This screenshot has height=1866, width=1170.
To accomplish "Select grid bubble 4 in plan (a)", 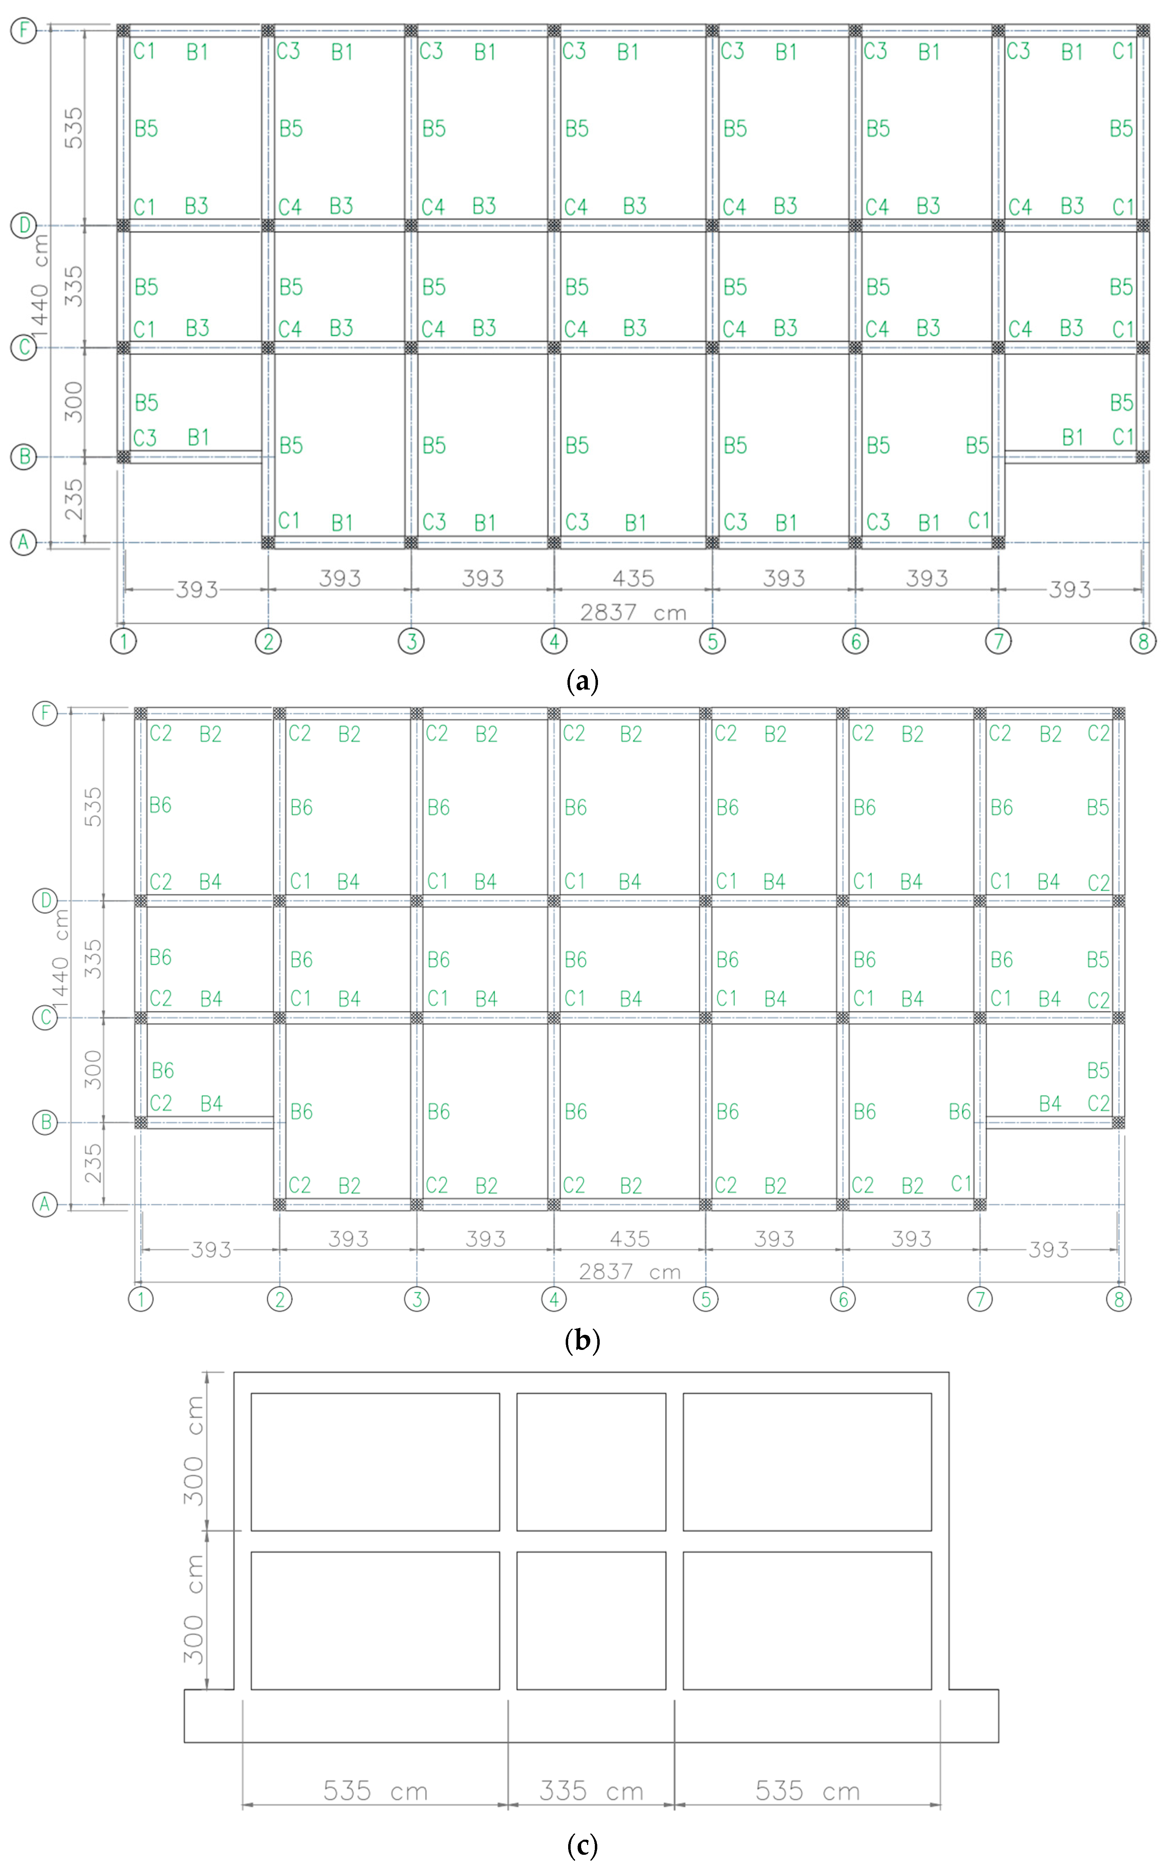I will [554, 641].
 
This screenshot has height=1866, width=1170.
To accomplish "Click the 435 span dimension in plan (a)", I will [633, 578].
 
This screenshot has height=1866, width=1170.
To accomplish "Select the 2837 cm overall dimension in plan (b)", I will [630, 1272].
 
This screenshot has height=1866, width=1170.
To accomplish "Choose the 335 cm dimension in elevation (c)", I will [591, 1791].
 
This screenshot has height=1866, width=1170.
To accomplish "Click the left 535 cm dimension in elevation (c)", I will [375, 1791].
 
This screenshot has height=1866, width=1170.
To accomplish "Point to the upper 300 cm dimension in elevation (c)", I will [193, 1451].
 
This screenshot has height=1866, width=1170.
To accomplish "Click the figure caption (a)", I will [583, 682].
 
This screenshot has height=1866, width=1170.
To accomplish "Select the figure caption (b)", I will [583, 1340].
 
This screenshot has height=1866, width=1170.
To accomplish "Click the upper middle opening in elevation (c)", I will [591, 1462].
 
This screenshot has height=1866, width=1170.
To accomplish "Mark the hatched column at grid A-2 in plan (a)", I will [268, 542].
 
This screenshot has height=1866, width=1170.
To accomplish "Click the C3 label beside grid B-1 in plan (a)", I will [145, 438].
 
